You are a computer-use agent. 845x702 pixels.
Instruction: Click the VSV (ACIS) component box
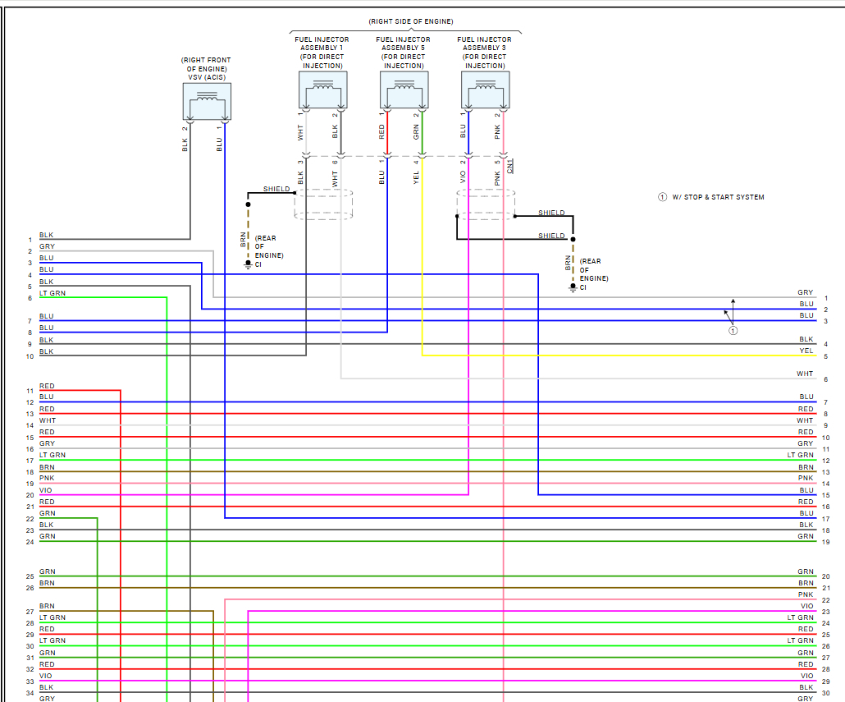point(207,102)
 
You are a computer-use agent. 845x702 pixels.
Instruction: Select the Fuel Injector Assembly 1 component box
point(322,90)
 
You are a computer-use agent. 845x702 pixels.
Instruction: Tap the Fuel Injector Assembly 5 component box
point(404,90)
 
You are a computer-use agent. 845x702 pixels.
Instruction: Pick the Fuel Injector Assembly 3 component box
point(485,90)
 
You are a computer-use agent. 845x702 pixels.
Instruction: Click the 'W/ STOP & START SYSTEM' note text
point(718,197)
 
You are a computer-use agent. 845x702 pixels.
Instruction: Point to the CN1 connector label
point(509,165)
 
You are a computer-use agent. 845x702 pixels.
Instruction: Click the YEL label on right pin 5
point(806,351)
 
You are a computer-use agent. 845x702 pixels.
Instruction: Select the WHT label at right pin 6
point(805,374)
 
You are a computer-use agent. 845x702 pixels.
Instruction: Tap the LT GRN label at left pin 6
point(53,293)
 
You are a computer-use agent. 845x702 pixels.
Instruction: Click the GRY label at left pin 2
point(47,246)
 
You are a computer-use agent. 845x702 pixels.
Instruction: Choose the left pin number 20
point(30,495)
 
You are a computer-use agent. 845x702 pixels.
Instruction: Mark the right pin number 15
point(826,495)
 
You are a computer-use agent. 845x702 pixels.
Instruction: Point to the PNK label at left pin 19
point(47,478)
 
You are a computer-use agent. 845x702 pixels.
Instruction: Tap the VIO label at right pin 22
point(807,606)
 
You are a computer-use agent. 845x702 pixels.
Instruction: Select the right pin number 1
point(825,298)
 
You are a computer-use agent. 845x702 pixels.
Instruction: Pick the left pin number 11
point(30,391)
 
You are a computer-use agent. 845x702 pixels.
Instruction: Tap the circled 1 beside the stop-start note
point(662,197)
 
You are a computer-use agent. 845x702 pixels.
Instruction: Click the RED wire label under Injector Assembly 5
point(381,131)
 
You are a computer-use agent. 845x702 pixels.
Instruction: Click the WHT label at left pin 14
point(47,420)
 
